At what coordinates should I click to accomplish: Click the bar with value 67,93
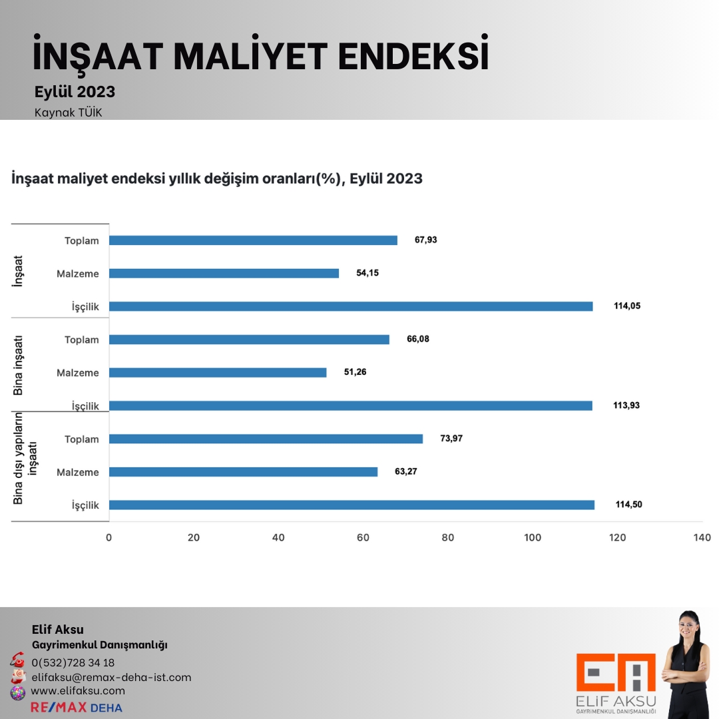[253, 240]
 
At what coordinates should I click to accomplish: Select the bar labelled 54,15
[224, 273]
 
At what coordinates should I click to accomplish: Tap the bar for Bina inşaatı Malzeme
[218, 373]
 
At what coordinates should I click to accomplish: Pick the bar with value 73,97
[266, 439]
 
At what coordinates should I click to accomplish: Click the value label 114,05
[626, 306]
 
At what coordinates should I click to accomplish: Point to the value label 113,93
[626, 405]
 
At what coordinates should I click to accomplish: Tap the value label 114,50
[628, 505]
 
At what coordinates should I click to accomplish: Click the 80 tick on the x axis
[448, 538]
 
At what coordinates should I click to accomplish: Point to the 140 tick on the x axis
[702, 538]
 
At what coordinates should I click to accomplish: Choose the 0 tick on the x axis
[109, 538]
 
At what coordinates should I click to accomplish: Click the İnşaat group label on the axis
[18, 272]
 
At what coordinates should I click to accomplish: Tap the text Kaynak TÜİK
[68, 113]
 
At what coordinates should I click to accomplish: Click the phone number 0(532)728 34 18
[73, 662]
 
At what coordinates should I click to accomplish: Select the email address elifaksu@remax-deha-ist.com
[111, 677]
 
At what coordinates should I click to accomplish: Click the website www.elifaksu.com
[78, 691]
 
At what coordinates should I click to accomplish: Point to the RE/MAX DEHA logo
[77, 707]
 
